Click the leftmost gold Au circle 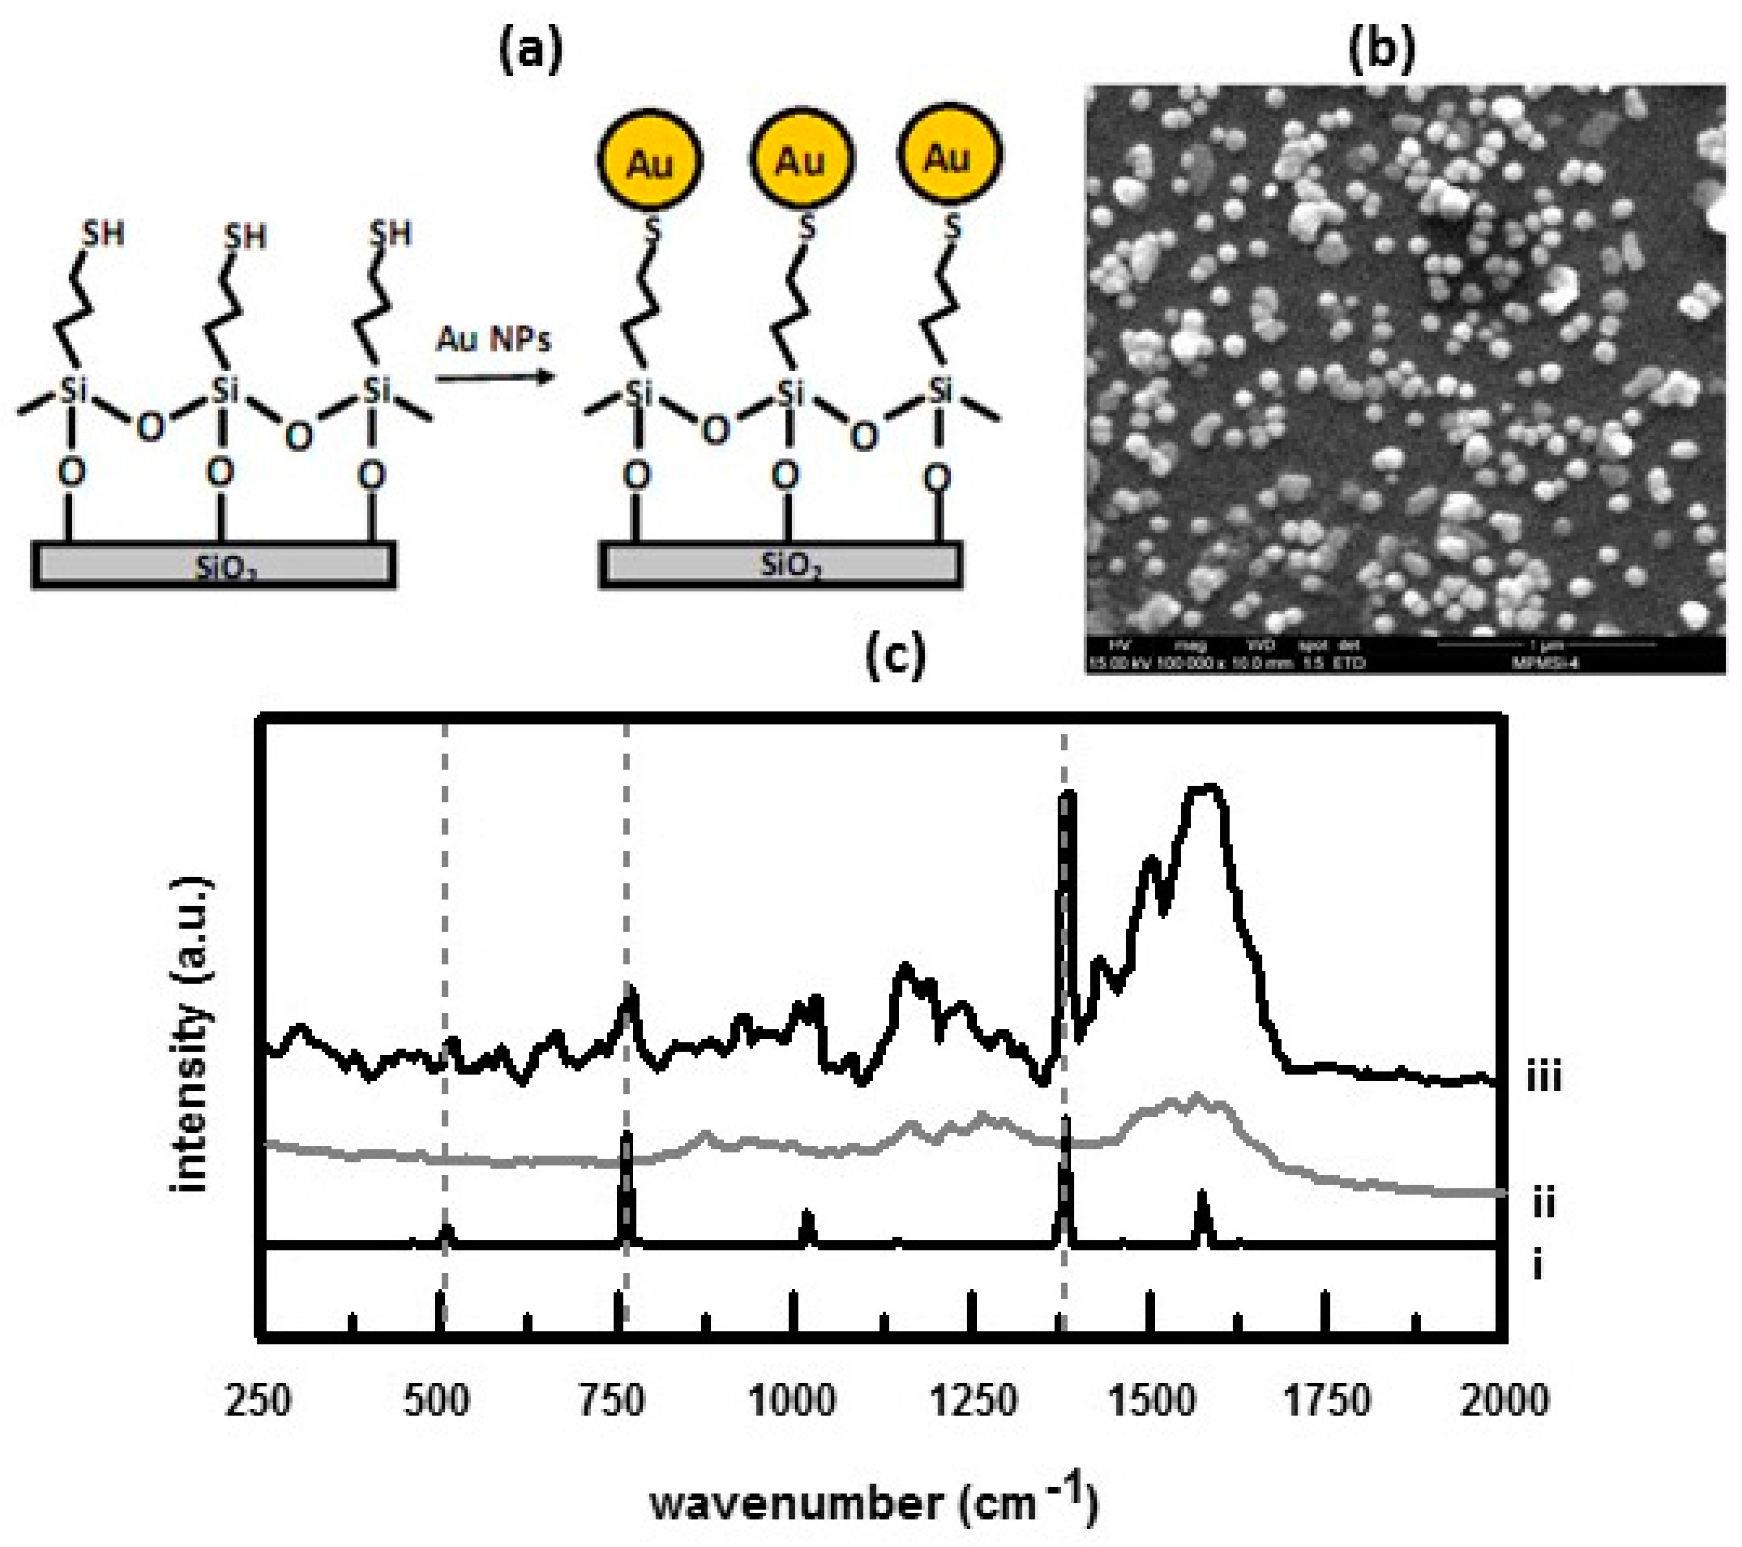pos(649,160)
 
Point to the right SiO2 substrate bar pos(780,565)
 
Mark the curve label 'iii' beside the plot pos(1544,1078)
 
